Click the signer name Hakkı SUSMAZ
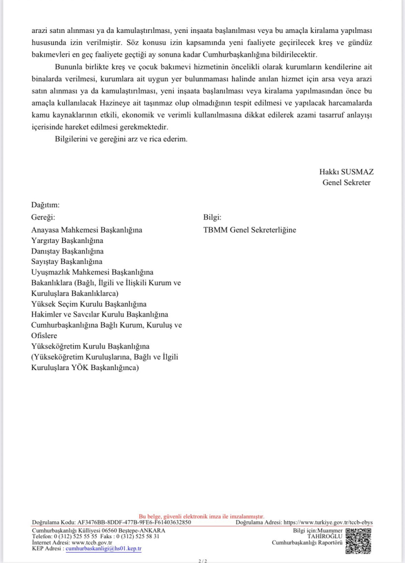pyautogui.click(x=346, y=172)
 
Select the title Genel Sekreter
pyautogui.click(x=346, y=183)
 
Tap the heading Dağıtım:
pyautogui.click(x=46, y=205)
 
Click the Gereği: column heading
pyautogui.click(x=44, y=217)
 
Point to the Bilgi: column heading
pyautogui.click(x=212, y=217)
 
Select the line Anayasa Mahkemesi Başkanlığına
pyautogui.click(x=87, y=230)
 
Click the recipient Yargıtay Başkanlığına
pyautogui.click(x=68, y=240)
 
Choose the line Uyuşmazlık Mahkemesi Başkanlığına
pyautogui.click(x=92, y=272)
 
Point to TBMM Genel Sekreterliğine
pyautogui.click(x=250, y=230)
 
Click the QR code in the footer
pyautogui.click(x=358, y=540)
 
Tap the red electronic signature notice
pyautogui.click(x=201, y=517)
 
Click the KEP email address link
pyautogui.click(x=103, y=548)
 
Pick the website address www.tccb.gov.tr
pyautogui.click(x=92, y=542)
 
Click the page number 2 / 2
pyautogui.click(x=202, y=561)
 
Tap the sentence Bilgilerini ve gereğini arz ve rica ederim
pyautogui.click(x=121, y=139)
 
